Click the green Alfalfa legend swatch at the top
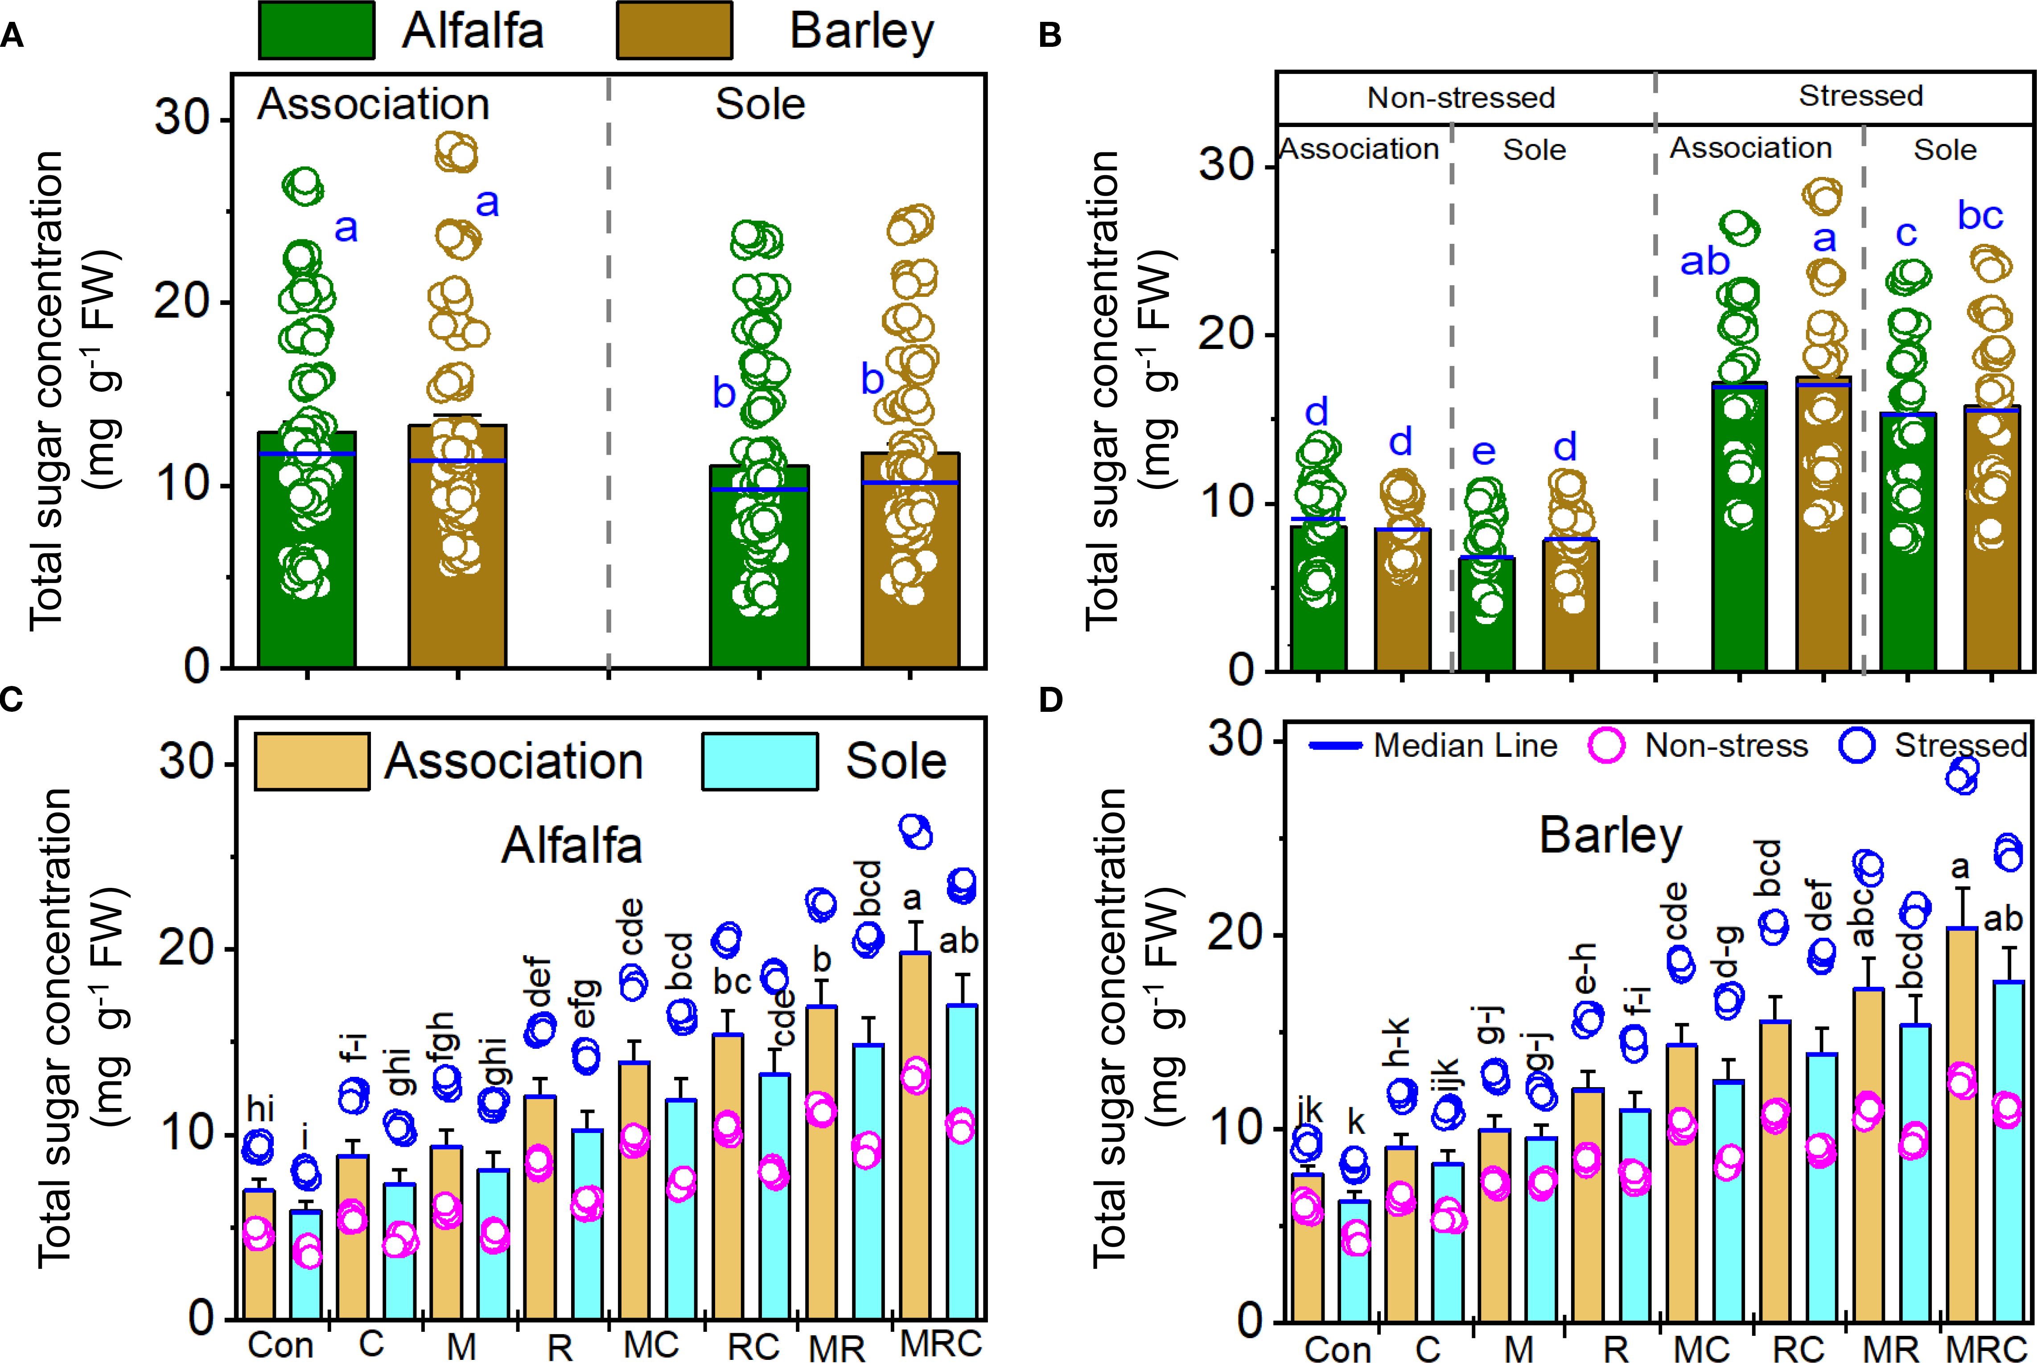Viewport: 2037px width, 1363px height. pos(317,30)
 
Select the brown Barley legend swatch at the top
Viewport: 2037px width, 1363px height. pos(674,30)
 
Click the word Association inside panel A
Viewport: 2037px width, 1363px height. pos(374,104)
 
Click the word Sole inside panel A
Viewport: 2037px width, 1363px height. pos(760,104)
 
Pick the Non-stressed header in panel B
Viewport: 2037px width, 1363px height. pos(1461,97)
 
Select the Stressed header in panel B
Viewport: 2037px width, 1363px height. pos(1860,96)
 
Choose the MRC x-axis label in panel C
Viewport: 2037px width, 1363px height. pos(941,1343)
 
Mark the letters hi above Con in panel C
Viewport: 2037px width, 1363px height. pos(261,1109)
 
